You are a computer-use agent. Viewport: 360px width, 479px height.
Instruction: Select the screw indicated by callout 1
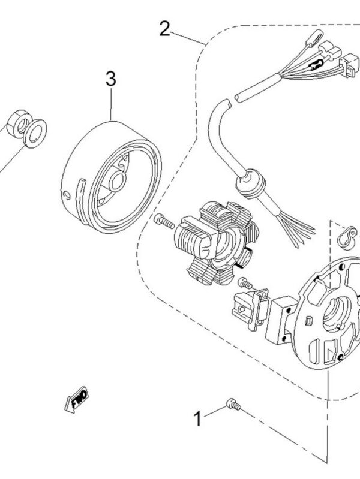coord(233,406)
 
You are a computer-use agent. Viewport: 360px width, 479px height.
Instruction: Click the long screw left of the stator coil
coord(163,221)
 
